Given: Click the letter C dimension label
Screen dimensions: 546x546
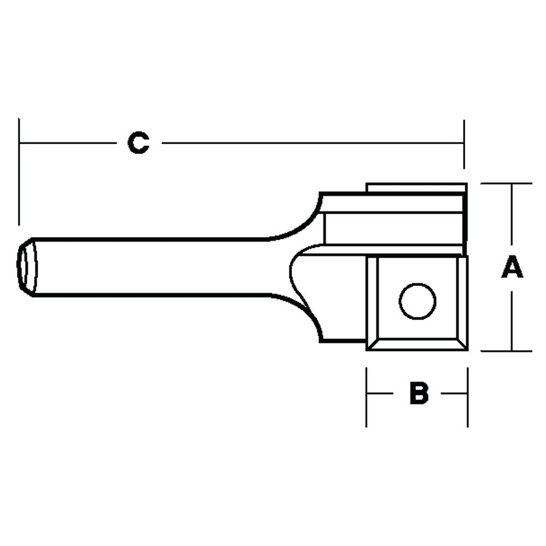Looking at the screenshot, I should (x=139, y=143).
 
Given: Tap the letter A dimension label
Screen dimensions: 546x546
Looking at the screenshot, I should (x=512, y=268).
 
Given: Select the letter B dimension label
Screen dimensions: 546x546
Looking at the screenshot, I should (x=419, y=393).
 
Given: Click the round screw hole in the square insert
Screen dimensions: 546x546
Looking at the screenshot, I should (x=418, y=301).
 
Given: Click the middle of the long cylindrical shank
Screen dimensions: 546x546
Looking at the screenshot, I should (x=153, y=267).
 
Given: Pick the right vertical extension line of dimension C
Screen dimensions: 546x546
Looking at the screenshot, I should (x=464, y=145).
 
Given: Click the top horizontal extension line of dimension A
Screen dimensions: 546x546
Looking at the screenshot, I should (x=505, y=183).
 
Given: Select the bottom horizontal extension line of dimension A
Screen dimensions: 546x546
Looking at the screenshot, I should (x=505, y=351).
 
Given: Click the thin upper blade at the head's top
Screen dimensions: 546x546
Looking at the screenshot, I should (x=415, y=188).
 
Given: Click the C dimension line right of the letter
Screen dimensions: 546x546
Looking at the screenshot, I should (x=311, y=144).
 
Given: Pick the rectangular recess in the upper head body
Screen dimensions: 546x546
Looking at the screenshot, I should (x=393, y=228).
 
